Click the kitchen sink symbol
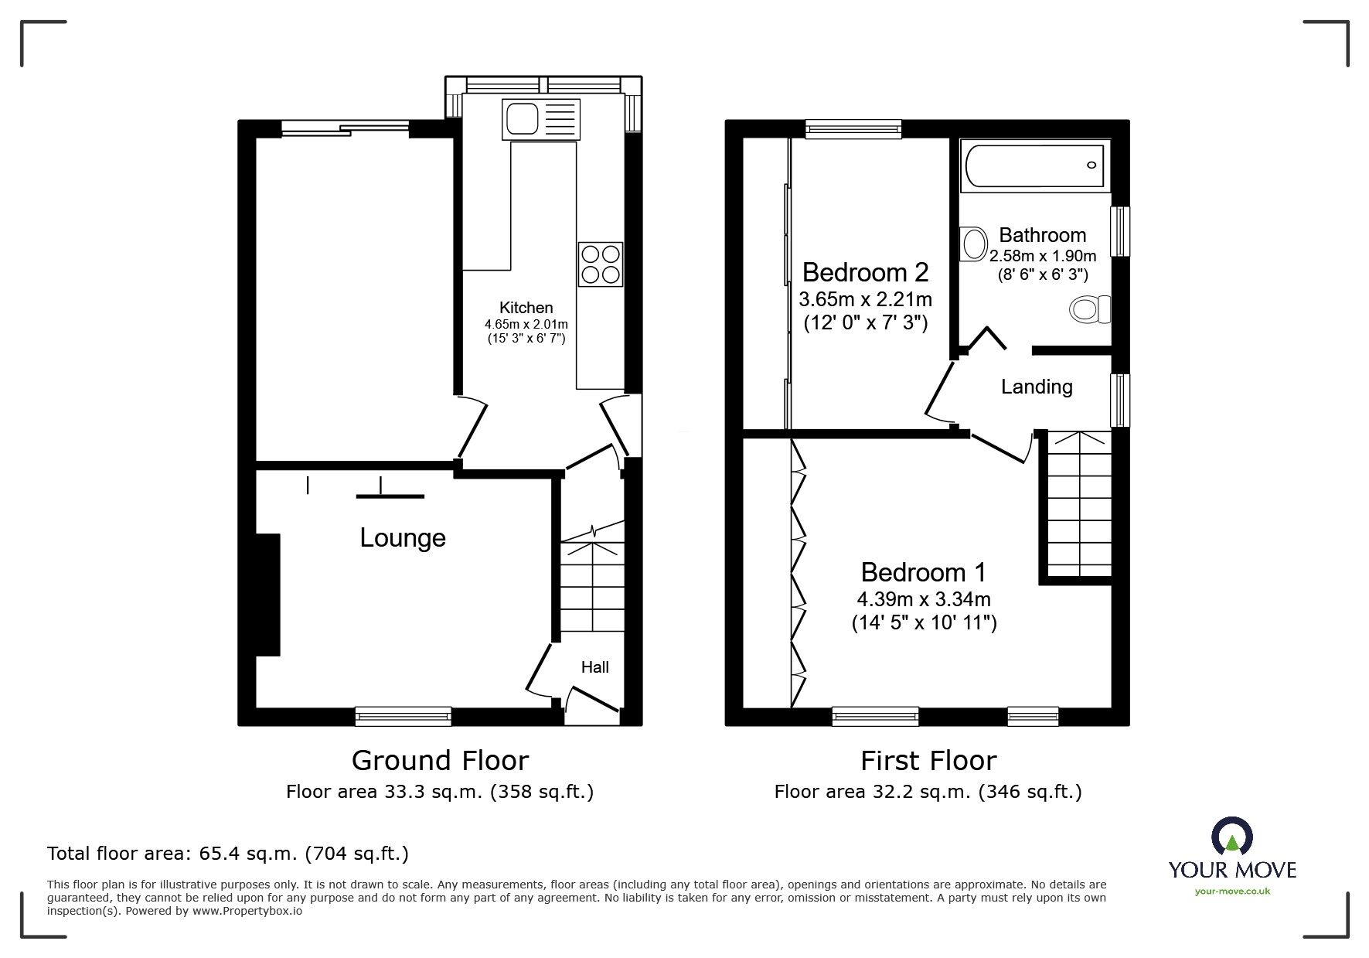(x=540, y=119)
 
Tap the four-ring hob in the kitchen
(x=600, y=264)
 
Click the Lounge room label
(x=403, y=538)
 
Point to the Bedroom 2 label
(x=865, y=272)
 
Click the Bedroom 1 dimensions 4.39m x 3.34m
(x=924, y=598)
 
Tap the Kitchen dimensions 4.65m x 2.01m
(x=526, y=324)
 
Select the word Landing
(x=1037, y=387)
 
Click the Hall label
(x=595, y=667)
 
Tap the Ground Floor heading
(x=440, y=761)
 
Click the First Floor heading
(x=928, y=761)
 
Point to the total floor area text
(x=228, y=854)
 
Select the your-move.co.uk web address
(x=1232, y=892)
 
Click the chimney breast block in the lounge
(x=267, y=595)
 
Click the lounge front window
(x=403, y=717)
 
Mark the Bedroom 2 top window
(x=853, y=128)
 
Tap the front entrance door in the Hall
(x=592, y=700)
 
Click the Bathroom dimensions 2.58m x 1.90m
(x=1043, y=256)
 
